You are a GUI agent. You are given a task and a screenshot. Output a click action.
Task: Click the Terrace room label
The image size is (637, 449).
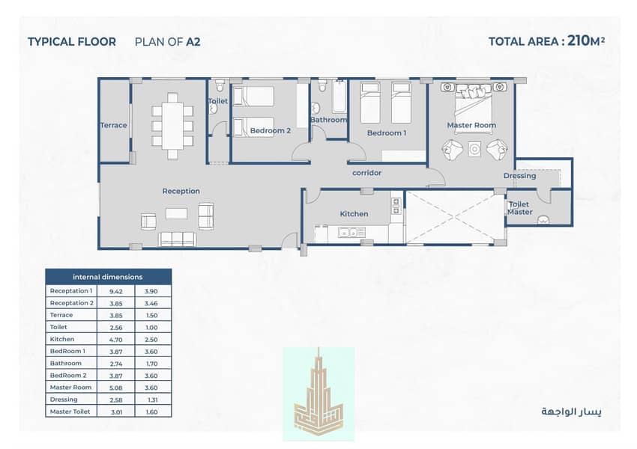[114, 125]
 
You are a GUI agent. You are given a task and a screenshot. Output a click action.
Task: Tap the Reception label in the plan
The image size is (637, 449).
[181, 191]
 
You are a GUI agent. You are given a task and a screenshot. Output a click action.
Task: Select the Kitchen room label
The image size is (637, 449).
[354, 214]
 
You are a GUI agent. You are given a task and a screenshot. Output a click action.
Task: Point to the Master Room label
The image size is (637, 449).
[471, 125]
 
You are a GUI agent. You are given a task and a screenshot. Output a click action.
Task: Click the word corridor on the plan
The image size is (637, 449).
[366, 173]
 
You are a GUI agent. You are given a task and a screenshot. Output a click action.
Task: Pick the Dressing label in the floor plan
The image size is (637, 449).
[519, 176]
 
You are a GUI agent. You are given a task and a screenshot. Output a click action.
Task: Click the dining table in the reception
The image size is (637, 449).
[172, 126]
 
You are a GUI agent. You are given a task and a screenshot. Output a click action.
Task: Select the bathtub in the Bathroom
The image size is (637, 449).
[339, 96]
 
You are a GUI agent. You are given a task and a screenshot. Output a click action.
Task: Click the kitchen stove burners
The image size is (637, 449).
[396, 206]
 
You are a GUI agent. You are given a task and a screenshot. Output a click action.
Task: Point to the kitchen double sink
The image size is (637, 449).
[351, 233]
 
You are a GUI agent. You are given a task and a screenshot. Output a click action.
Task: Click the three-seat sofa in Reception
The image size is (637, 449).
[177, 239]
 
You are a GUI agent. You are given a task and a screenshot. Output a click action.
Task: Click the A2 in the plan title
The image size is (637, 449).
[193, 42]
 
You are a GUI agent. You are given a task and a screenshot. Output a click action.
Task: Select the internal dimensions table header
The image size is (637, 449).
[109, 277]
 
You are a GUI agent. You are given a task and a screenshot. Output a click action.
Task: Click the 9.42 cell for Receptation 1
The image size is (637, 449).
[115, 291]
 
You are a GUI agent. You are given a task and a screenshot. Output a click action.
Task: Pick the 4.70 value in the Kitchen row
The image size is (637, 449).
[115, 340]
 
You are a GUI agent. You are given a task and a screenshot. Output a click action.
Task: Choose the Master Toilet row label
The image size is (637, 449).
[70, 412]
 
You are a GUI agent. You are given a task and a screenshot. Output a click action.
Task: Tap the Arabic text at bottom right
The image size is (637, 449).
[571, 412]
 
